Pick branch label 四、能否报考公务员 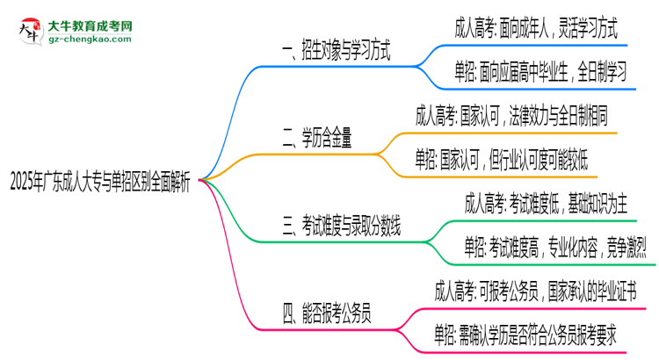pyautogui.click(x=326, y=313)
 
